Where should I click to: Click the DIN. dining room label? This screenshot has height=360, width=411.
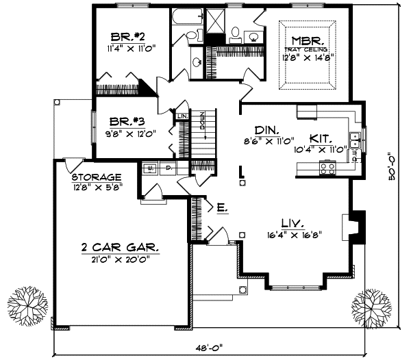(x=265, y=129)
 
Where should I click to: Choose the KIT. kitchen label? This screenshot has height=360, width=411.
(x=320, y=138)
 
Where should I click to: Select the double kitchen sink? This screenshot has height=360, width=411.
(x=356, y=142)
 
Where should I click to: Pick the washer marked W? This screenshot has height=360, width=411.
(x=150, y=166)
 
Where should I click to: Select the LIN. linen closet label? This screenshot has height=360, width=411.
(x=182, y=116)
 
